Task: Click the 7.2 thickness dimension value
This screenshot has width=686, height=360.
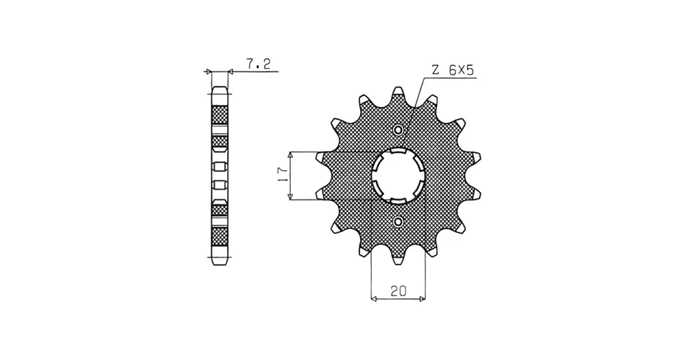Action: (258, 64)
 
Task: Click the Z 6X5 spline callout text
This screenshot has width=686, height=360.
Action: (453, 70)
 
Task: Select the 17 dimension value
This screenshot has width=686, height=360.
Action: (283, 175)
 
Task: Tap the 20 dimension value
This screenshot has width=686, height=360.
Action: (399, 291)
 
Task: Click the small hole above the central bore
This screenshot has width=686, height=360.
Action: (398, 130)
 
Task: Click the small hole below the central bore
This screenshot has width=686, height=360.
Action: (398, 221)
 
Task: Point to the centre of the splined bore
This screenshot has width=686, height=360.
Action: (398, 176)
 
